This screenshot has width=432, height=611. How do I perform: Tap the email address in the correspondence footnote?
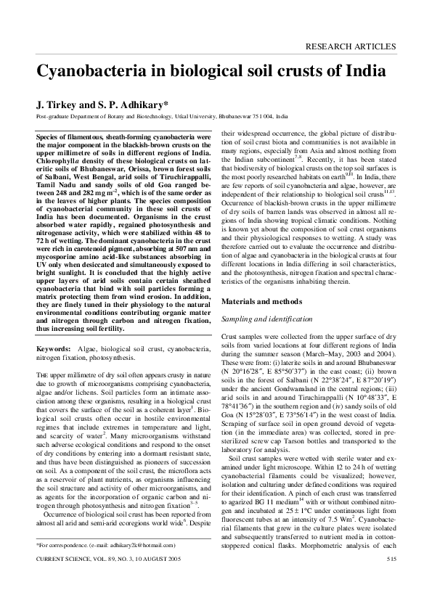click(x=142, y=564)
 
